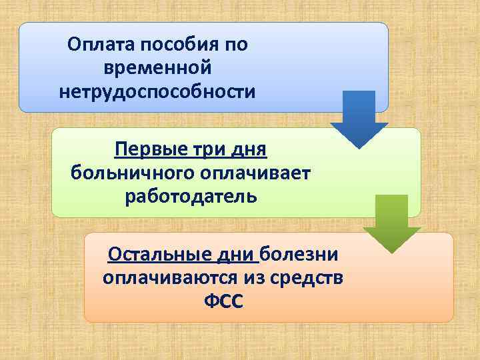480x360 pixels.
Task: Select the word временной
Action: coord(158,67)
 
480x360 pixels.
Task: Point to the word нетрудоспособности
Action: coord(157,90)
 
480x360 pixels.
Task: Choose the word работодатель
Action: coord(190,197)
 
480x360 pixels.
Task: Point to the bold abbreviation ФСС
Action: coord(224,302)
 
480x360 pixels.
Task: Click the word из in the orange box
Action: coord(250,278)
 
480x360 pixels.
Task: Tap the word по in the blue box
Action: coord(237,45)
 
